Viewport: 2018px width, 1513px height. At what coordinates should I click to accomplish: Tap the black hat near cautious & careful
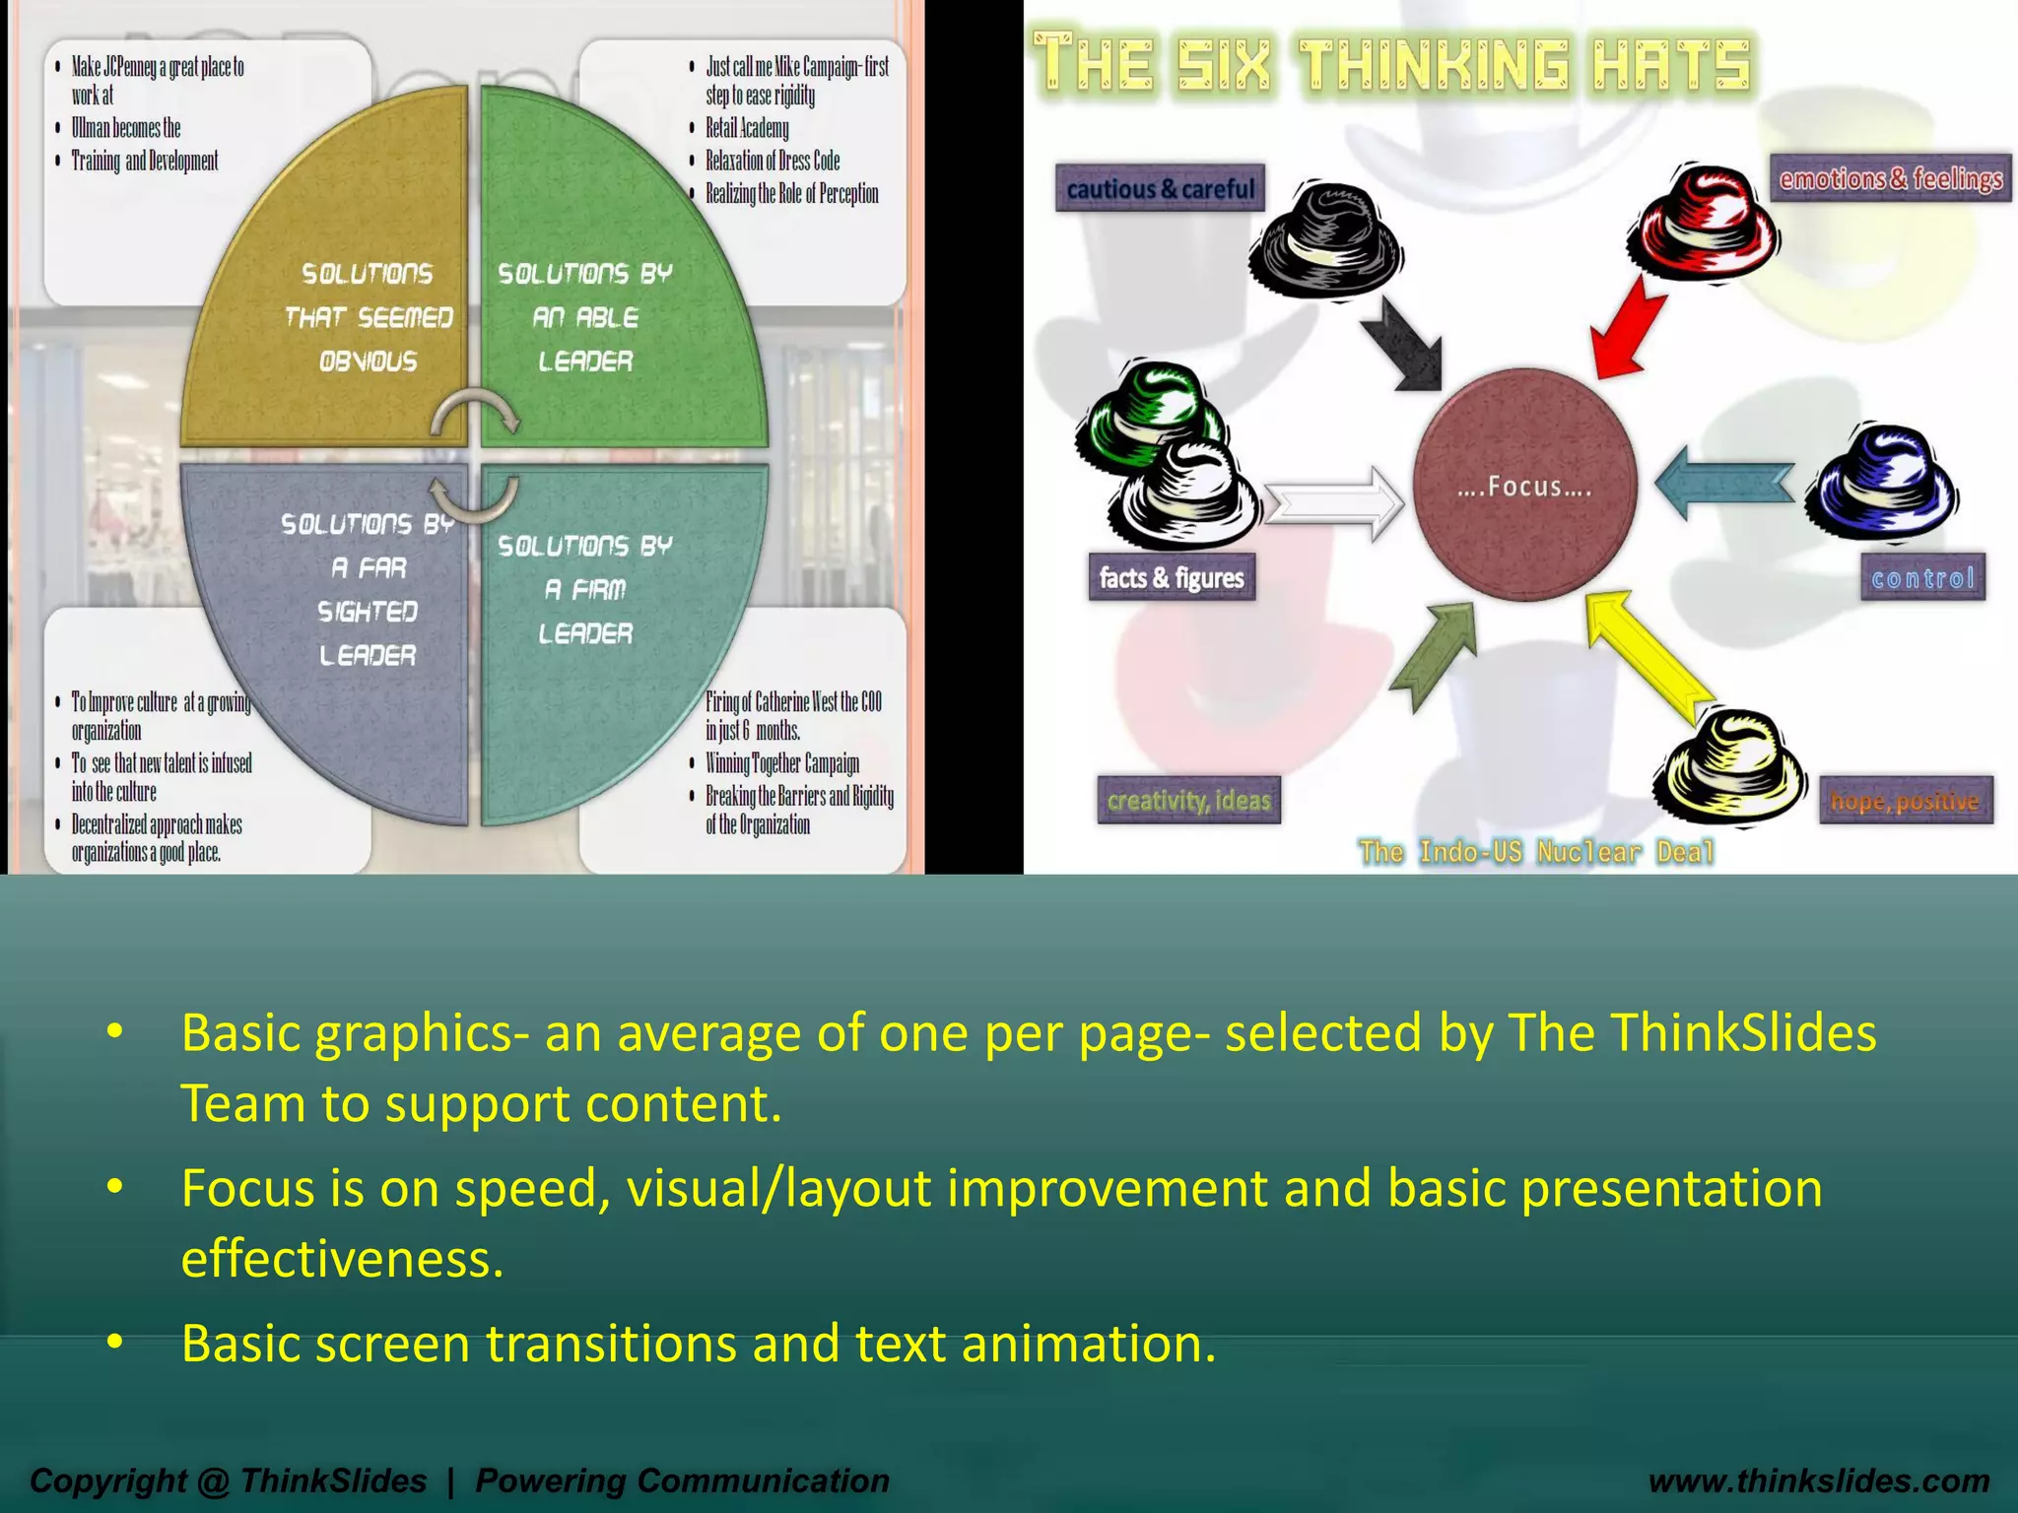[x=1325, y=241]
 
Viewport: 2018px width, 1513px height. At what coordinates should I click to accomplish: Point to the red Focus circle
[x=1524, y=485]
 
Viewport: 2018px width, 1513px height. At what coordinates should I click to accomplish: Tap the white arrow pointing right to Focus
[x=1335, y=502]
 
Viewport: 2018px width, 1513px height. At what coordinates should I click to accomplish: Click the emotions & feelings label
[x=1890, y=179]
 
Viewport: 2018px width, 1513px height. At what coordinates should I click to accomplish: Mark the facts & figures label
[x=1171, y=578]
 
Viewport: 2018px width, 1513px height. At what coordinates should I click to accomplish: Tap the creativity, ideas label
[x=1188, y=801]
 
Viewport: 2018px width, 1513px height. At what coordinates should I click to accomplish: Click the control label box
[x=1922, y=578]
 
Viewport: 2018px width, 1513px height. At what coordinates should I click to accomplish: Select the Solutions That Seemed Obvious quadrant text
[x=368, y=317]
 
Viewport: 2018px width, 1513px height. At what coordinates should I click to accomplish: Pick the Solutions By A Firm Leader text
[x=585, y=589]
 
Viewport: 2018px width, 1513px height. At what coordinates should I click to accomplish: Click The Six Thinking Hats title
[x=1391, y=65]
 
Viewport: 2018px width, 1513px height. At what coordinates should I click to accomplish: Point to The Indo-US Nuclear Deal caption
[x=1536, y=852]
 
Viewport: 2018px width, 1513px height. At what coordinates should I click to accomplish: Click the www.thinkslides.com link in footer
[x=1818, y=1480]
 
